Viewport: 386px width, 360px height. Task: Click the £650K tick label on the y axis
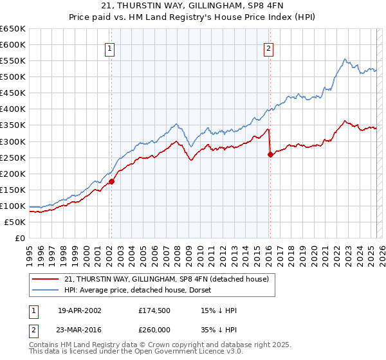pos(13,29)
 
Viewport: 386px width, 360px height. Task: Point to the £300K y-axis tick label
pos(13,141)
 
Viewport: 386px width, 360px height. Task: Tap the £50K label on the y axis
pos(15,222)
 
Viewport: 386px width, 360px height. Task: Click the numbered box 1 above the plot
pos(110,49)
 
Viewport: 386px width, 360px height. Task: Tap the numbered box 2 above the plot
pos(268,49)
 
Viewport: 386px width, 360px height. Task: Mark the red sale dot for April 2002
pos(111,181)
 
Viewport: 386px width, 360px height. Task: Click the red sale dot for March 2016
pos(270,154)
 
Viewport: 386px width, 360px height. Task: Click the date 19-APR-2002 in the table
pos(79,310)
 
